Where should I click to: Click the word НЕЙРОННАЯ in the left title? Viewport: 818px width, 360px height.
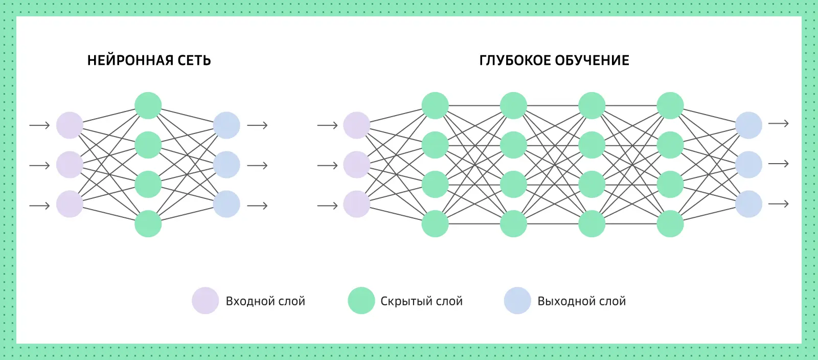(x=130, y=60)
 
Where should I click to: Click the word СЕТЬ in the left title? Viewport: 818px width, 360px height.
(x=194, y=60)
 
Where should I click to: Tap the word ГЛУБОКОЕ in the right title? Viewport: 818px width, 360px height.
(x=515, y=60)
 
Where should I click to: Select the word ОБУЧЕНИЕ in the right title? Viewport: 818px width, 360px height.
(x=592, y=60)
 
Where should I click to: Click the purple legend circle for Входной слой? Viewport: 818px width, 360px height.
(x=205, y=301)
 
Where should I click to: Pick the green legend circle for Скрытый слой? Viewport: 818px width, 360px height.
(x=361, y=301)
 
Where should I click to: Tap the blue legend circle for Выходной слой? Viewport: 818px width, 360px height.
(x=517, y=301)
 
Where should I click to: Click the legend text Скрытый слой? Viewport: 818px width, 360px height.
(x=421, y=301)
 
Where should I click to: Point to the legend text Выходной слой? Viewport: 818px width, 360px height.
(x=581, y=301)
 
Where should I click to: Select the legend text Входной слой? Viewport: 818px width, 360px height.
(x=265, y=301)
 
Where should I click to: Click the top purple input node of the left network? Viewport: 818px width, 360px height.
(x=70, y=125)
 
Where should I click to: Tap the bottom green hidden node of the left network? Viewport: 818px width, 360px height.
(x=148, y=223)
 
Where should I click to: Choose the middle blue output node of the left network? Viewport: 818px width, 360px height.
(x=226, y=165)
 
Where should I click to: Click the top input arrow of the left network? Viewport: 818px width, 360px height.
(x=39, y=125)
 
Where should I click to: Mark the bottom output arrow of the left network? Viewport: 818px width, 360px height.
(x=257, y=206)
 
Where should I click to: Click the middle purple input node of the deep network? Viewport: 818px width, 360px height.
(x=356, y=165)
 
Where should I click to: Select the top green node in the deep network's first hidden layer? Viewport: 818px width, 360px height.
(x=435, y=105)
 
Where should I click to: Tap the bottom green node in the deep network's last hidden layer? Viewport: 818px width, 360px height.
(x=670, y=223)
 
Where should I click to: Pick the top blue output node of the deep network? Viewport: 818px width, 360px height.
(x=748, y=125)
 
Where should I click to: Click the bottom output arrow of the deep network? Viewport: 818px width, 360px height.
(x=779, y=204)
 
